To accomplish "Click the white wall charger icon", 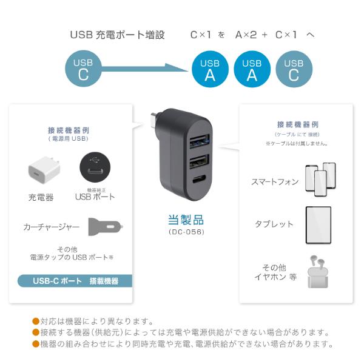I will (x=41, y=172).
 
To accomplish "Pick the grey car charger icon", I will (x=105, y=227).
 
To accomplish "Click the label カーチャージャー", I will (x=51, y=227).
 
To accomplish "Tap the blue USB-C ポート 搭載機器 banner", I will (x=75, y=281).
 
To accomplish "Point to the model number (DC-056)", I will (x=186, y=232).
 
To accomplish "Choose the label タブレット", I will (x=274, y=224).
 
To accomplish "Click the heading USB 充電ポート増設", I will (x=118, y=35).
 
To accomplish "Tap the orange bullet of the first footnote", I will (x=36, y=322).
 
